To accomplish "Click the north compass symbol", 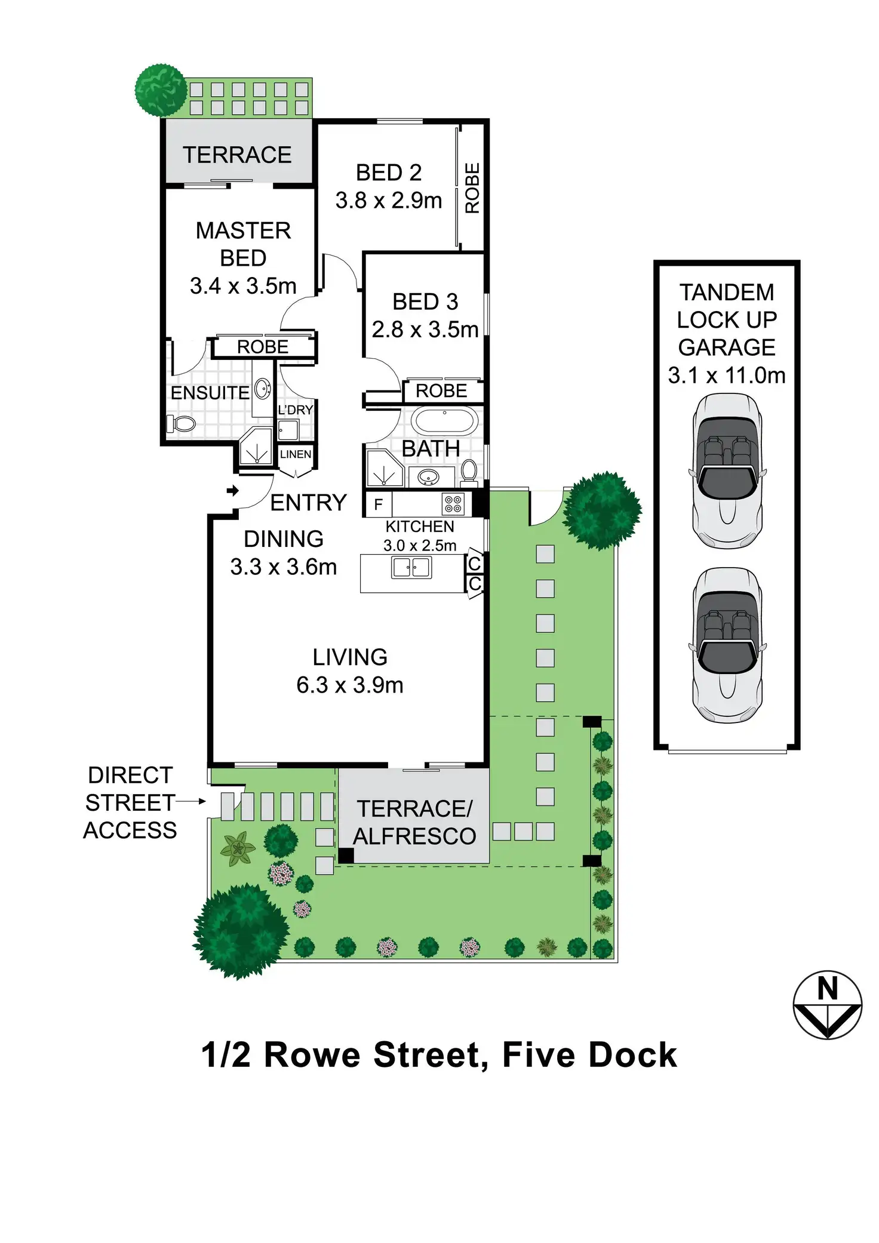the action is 827,1005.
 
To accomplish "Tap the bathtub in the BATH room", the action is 444,421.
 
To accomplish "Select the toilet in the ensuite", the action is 182,424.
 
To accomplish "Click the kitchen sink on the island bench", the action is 411,567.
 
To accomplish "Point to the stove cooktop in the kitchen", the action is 453,504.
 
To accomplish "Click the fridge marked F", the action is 378,505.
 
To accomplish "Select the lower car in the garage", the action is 727,645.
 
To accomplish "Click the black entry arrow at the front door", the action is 233,491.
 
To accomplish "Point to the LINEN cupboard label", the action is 296,454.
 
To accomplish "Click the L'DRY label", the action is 295,410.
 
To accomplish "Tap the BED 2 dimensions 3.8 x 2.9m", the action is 389,201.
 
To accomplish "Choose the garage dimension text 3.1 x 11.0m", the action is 727,376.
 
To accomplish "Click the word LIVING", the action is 350,657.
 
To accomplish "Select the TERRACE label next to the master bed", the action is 237,155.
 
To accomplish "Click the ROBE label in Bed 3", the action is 441,391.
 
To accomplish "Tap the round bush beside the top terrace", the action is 161,90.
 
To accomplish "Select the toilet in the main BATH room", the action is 469,471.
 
